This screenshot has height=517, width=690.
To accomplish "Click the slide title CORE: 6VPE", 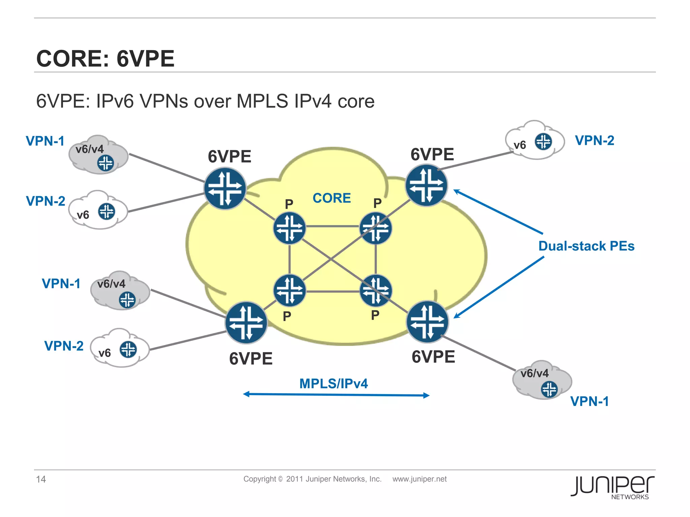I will (105, 59).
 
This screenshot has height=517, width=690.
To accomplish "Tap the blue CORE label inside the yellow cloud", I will (332, 198).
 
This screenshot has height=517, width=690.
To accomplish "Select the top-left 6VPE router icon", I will (225, 188).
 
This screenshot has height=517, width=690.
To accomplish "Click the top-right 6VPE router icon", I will (426, 185).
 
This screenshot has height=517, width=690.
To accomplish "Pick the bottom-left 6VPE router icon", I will (246, 322).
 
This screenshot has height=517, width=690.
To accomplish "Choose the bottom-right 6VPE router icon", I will (427, 322).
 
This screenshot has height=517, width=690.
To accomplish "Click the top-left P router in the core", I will (289, 228).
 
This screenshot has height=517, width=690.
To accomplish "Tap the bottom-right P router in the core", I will (376, 291).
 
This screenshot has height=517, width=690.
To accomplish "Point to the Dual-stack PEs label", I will (586, 246).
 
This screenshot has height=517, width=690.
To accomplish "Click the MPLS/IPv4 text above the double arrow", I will (334, 384).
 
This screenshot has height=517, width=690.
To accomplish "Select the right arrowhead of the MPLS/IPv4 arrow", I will (426, 395).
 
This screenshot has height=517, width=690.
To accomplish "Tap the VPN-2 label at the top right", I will (594, 140).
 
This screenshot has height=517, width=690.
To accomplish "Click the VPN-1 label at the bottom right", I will (589, 401).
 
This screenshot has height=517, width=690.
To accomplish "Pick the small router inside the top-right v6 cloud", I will (543, 141).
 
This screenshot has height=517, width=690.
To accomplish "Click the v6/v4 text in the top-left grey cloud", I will (90, 149).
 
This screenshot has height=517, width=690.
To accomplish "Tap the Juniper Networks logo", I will (613, 487).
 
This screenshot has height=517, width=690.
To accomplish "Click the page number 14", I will (41, 479).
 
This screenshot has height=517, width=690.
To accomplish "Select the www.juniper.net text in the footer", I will (419, 479).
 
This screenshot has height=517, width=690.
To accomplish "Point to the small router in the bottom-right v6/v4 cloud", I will (549, 389).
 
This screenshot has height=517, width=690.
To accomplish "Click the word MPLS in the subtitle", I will (262, 101).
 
